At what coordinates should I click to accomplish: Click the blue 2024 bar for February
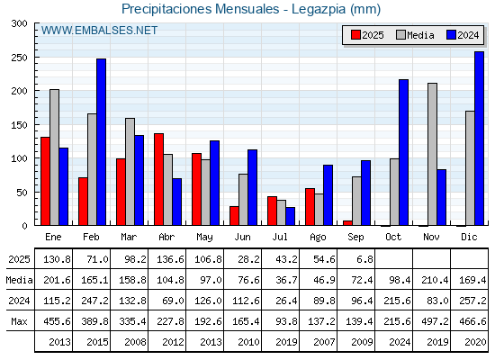pyautogui.click(x=101, y=142)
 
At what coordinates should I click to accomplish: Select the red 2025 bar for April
pyautogui.click(x=158, y=179)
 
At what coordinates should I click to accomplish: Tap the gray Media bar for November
pyautogui.click(x=432, y=154)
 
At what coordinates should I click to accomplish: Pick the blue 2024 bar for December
pyautogui.click(x=479, y=139)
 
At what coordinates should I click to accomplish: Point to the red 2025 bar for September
pyautogui.click(x=347, y=223)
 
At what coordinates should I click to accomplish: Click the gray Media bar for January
pyautogui.click(x=54, y=157)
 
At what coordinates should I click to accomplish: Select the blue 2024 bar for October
pyautogui.click(x=403, y=152)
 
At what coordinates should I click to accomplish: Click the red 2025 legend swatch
pyautogui.click(x=355, y=35)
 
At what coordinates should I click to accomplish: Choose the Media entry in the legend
pyautogui.click(x=415, y=35)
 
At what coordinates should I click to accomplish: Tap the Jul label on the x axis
pyautogui.click(x=280, y=237)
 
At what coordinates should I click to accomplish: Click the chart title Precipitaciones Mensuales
pyautogui.click(x=200, y=9)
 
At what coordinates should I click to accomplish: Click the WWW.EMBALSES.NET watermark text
pyautogui.click(x=99, y=31)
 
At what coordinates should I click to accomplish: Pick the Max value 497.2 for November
pyautogui.click(x=435, y=321)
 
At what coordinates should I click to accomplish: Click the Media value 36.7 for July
pyautogui.click(x=286, y=280)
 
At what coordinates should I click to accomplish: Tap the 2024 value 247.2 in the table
pyautogui.click(x=94, y=301)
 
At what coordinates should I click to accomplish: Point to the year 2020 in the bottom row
pyautogui.click(x=475, y=342)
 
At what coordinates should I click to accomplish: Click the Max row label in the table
pyautogui.click(x=19, y=321)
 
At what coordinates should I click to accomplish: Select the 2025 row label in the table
pyautogui.click(x=19, y=259)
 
